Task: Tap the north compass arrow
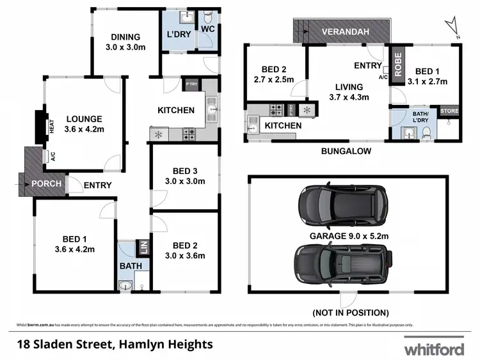pyautogui.click(x=454, y=27)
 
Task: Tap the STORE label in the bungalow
pyautogui.click(x=449, y=111)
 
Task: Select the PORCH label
pyautogui.click(x=46, y=184)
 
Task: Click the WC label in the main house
pyautogui.click(x=207, y=29)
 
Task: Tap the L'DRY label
pyautogui.click(x=179, y=35)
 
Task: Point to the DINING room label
pyautogui.click(x=125, y=42)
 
